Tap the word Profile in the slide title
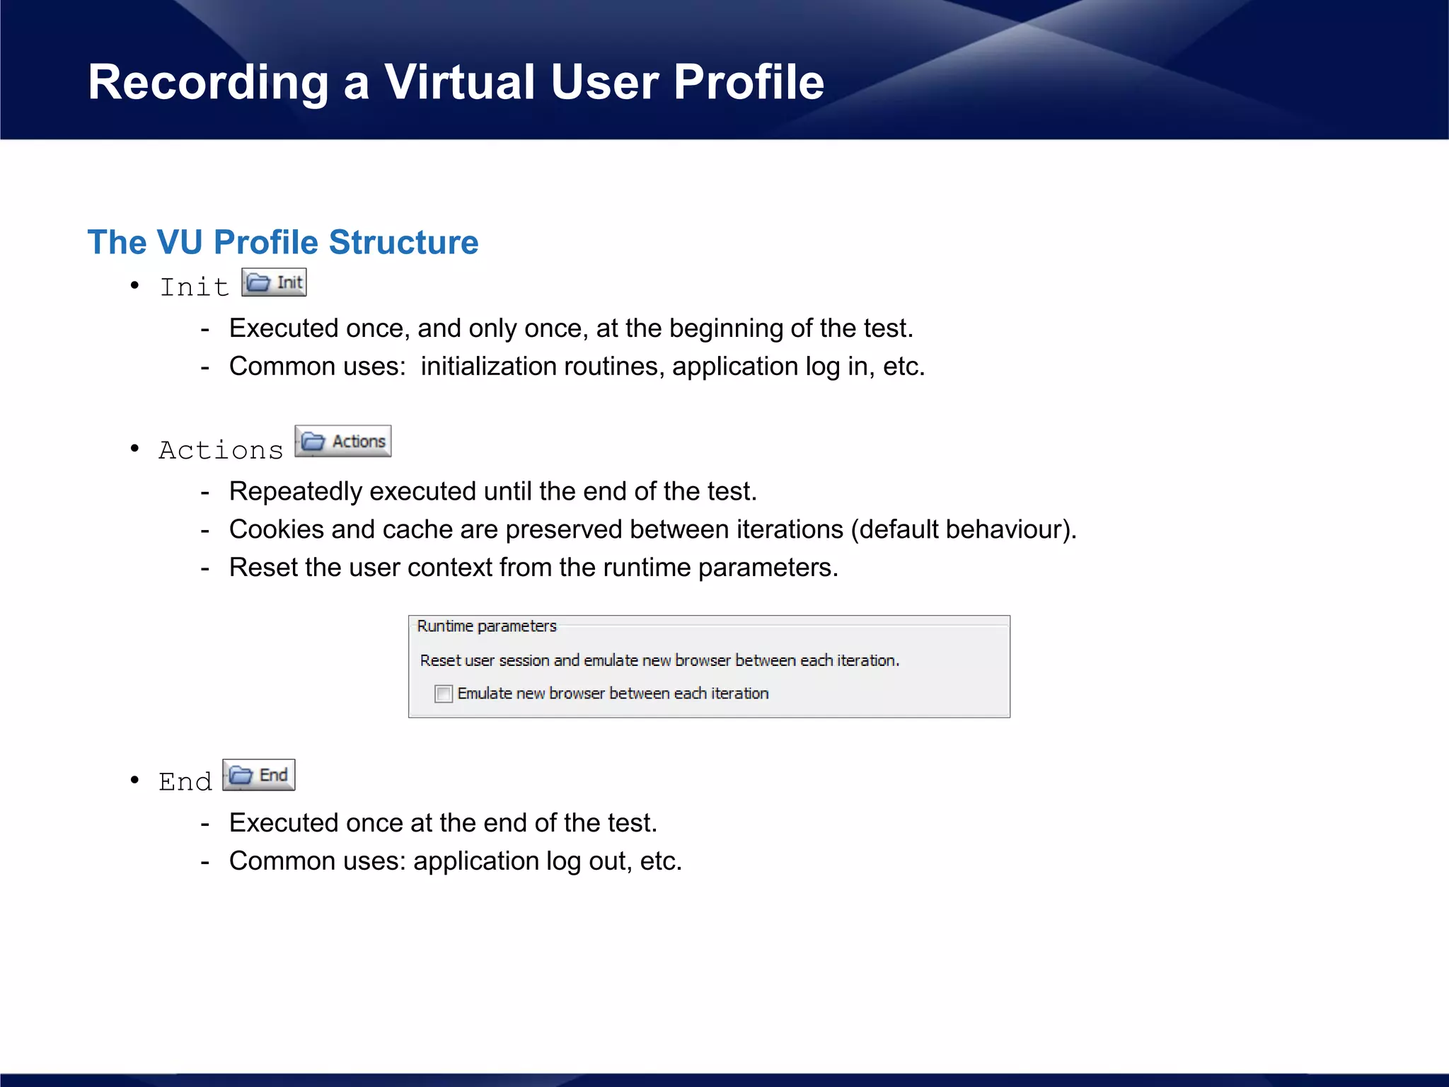click(749, 83)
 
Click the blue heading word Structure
click(403, 242)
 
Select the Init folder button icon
click(274, 282)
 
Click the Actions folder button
click(343, 442)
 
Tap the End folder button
click(259, 775)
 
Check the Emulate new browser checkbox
click(444, 694)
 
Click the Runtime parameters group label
click(487, 626)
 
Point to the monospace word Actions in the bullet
click(221, 450)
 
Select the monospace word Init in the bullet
click(195, 287)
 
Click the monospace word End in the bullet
click(185, 782)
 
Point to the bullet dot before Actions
click(134, 448)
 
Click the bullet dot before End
click(134, 780)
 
